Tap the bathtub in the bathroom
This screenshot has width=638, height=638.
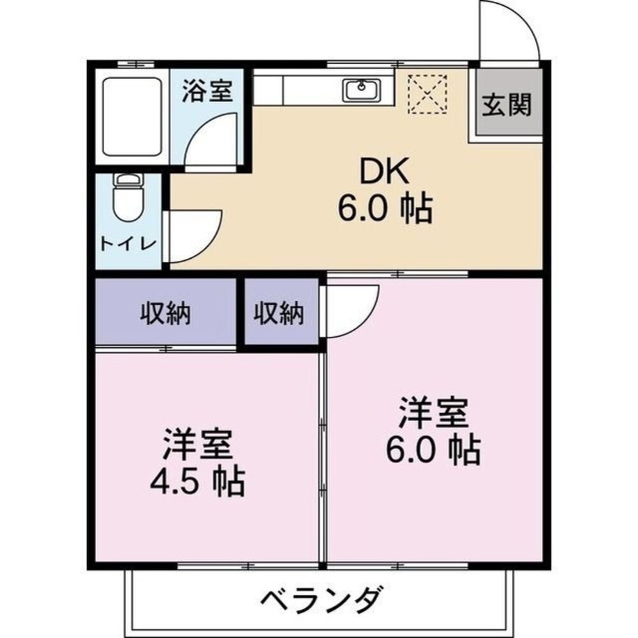coord(132,116)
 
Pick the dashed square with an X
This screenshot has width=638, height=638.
coord(427,94)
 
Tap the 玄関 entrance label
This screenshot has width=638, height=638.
coord(507,104)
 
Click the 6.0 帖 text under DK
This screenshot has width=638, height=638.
coord(385,209)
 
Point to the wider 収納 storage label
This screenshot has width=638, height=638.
coord(166,314)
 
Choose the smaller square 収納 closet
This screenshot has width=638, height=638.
coord(280,313)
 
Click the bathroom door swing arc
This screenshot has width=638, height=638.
coord(211,137)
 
